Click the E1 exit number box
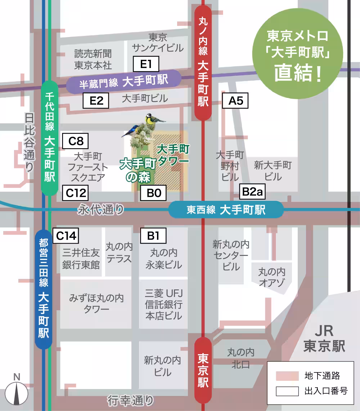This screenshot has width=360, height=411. click(x=146, y=65)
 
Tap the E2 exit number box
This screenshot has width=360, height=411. click(x=96, y=101)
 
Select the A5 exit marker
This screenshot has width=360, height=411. click(x=236, y=101)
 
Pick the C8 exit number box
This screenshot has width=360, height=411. click(x=76, y=141)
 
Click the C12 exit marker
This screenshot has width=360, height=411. click(x=76, y=193)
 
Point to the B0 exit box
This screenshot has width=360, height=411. click(x=153, y=193)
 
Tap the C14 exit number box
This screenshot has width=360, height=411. click(x=66, y=236)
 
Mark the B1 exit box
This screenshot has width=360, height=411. click(x=153, y=236)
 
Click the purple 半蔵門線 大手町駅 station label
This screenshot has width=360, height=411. click(x=123, y=82)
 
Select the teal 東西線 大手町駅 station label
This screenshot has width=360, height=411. click(x=226, y=210)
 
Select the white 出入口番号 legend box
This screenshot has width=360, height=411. click(x=287, y=391)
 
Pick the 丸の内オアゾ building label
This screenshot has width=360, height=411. click(x=272, y=277)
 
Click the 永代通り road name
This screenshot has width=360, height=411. click(x=101, y=210)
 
